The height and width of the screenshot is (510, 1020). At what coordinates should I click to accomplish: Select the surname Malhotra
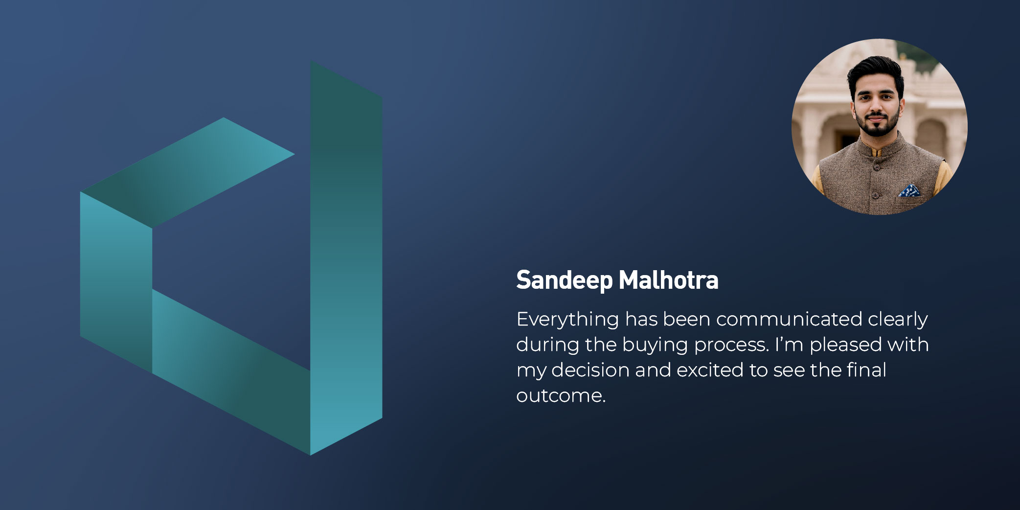[668, 280]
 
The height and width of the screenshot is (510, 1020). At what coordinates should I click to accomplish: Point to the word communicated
[789, 319]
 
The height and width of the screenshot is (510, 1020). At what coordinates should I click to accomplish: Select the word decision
[590, 371]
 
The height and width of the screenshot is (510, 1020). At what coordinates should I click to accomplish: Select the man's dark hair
[876, 71]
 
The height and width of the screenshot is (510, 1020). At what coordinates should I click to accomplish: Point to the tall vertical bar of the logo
[346, 258]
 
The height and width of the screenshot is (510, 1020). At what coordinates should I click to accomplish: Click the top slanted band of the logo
[188, 172]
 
